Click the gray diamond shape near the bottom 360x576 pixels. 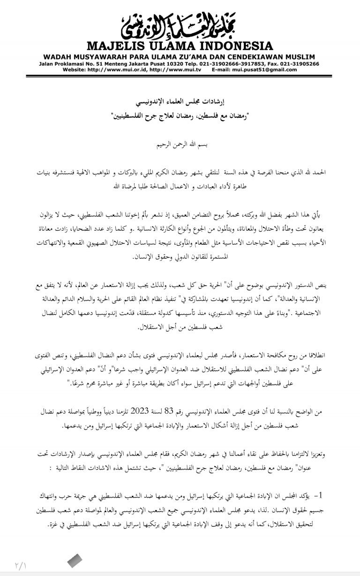pos(75,560)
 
